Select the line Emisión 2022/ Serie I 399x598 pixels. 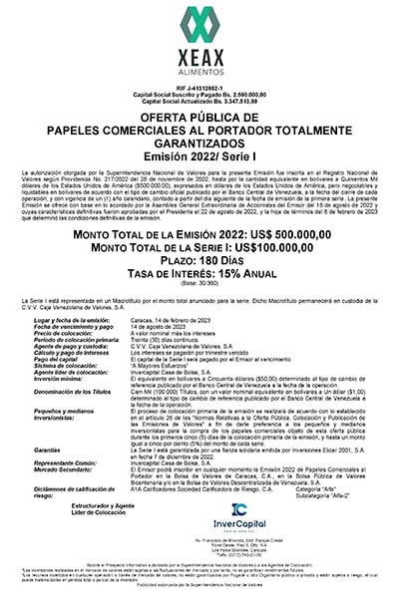199,157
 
